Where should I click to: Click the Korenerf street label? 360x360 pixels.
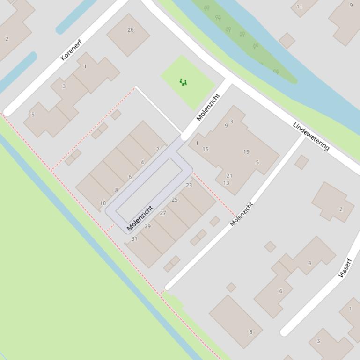pyautogui.click(x=71, y=50)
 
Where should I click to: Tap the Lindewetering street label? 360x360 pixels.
pyautogui.click(x=311, y=136)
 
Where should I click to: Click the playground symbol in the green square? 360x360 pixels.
pyautogui.click(x=183, y=82)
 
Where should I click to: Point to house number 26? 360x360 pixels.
pyautogui.click(x=130, y=30)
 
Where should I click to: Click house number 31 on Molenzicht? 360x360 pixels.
pyautogui.click(x=134, y=238)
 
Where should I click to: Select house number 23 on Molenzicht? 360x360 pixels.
pyautogui.click(x=189, y=185)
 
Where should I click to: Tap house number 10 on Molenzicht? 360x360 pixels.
pyautogui.click(x=103, y=203)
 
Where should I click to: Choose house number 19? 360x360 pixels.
pyautogui.click(x=246, y=152)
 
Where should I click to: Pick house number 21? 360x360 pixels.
pyautogui.click(x=229, y=176)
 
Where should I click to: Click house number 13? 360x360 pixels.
pyautogui.click(x=226, y=183)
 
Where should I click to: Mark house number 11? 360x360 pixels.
pyautogui.click(x=300, y=7)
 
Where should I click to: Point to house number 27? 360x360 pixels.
pyautogui.click(x=163, y=213)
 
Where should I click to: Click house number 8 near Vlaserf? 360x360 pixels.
pyautogui.click(x=250, y=332)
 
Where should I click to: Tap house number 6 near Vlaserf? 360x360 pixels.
pyautogui.click(x=281, y=291)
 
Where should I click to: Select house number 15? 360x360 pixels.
pyautogui.click(x=206, y=149)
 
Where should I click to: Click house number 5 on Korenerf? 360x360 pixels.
pyautogui.click(x=33, y=115)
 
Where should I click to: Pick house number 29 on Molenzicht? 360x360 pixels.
pyautogui.click(x=147, y=226)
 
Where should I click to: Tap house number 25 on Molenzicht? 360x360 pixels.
pyautogui.click(x=175, y=200)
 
